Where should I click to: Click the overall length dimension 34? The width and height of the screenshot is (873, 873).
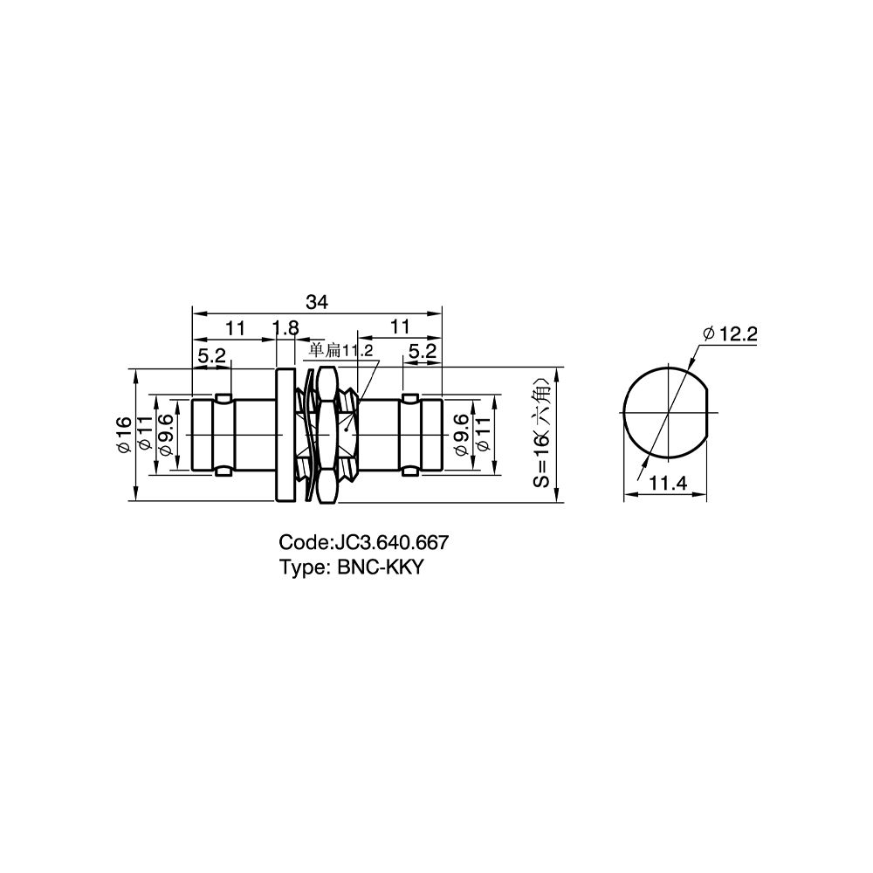tap(317, 302)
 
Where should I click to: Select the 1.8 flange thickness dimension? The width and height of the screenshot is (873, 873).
tap(286, 327)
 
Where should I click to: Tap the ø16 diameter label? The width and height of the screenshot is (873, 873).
tap(124, 434)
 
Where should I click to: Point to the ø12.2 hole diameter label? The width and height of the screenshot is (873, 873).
tap(730, 334)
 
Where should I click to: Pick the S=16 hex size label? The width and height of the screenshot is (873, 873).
tap(541, 433)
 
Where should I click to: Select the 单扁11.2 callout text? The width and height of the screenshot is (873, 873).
tap(340, 350)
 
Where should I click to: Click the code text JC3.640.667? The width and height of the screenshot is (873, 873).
tap(389, 542)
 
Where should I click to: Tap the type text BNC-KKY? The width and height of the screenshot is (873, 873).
tap(381, 567)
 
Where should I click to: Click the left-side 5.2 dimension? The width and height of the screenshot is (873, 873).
tap(211, 354)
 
